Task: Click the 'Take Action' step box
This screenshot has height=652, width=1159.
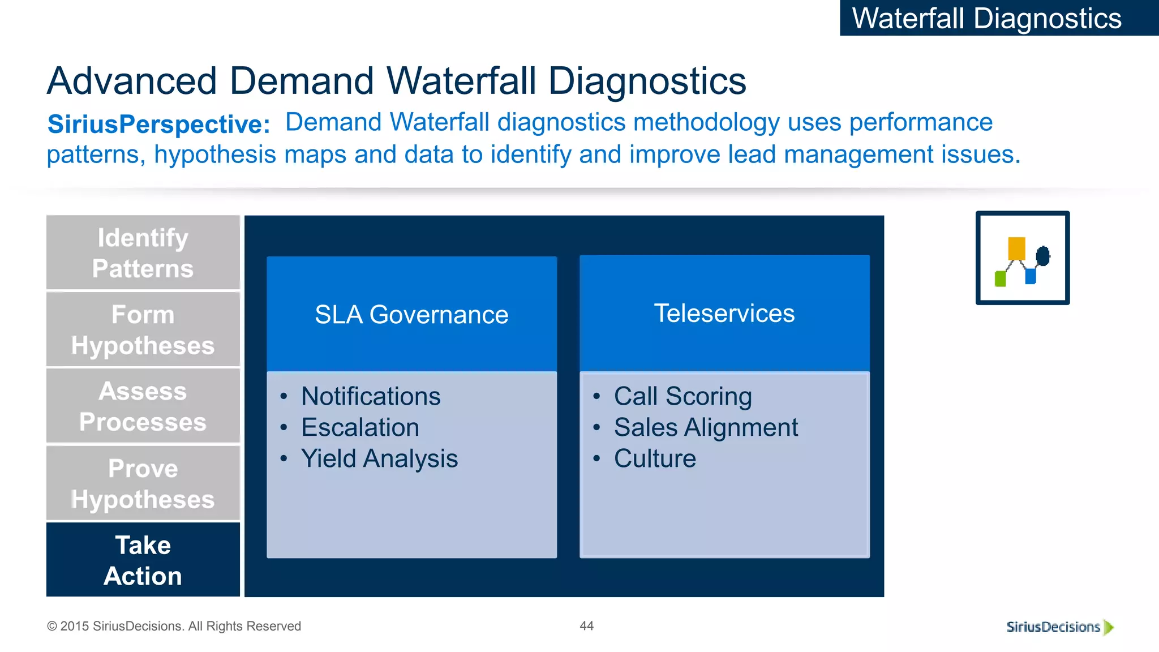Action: coord(143,560)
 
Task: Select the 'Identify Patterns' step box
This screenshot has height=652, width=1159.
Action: coord(143,253)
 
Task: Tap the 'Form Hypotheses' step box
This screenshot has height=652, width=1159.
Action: coord(143,329)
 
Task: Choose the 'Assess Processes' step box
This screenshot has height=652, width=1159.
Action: coord(143,406)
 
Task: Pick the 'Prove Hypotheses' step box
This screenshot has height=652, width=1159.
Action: coord(143,483)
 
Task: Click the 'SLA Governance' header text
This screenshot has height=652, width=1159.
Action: coord(411,315)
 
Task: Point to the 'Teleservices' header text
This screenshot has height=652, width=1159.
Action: coord(724,314)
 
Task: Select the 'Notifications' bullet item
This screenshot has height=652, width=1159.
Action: coord(371,396)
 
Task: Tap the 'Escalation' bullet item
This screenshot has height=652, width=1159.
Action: coord(360,427)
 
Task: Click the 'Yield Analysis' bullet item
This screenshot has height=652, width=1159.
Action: coord(379,458)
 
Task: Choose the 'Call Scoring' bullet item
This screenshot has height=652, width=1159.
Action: coord(683,396)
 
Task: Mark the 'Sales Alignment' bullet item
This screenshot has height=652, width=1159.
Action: coord(706,427)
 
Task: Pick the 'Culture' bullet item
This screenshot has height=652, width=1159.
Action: coord(655,458)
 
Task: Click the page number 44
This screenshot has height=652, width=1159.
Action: coord(587,626)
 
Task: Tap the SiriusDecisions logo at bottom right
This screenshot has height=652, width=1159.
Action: coord(1059,627)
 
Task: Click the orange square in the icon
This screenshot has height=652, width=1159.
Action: coord(1016,248)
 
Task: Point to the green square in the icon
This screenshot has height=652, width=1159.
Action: coord(1001,279)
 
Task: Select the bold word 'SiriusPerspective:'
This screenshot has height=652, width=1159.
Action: coord(159,125)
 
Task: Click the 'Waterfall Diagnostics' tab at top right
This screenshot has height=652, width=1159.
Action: coord(987,18)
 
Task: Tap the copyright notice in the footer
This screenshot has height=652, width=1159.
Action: coord(174,626)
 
